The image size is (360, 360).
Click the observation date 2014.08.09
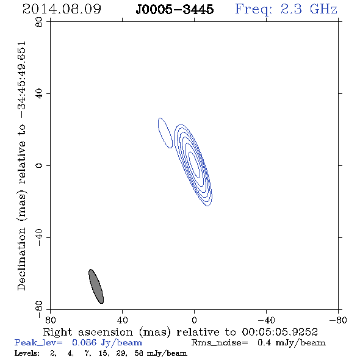(62, 9)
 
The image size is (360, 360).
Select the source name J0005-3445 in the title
(175, 10)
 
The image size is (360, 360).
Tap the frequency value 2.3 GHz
(309, 9)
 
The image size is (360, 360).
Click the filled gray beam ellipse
(96, 286)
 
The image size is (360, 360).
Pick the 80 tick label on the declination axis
(39, 22)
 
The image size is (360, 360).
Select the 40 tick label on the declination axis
(39, 94)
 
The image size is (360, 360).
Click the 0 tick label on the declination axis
(39, 165)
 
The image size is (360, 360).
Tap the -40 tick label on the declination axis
(39, 237)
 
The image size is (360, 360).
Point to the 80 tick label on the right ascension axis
(50, 320)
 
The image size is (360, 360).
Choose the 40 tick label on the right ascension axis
(122, 320)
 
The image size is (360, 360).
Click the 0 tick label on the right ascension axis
(194, 320)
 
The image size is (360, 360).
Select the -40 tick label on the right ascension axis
(266, 320)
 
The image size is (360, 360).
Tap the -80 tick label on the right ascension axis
(338, 320)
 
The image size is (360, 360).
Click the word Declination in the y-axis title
(21, 259)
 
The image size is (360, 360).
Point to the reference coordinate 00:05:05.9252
(280, 332)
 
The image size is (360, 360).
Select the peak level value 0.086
(84, 343)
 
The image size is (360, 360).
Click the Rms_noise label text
(220, 343)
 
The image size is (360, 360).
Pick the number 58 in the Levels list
(139, 353)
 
